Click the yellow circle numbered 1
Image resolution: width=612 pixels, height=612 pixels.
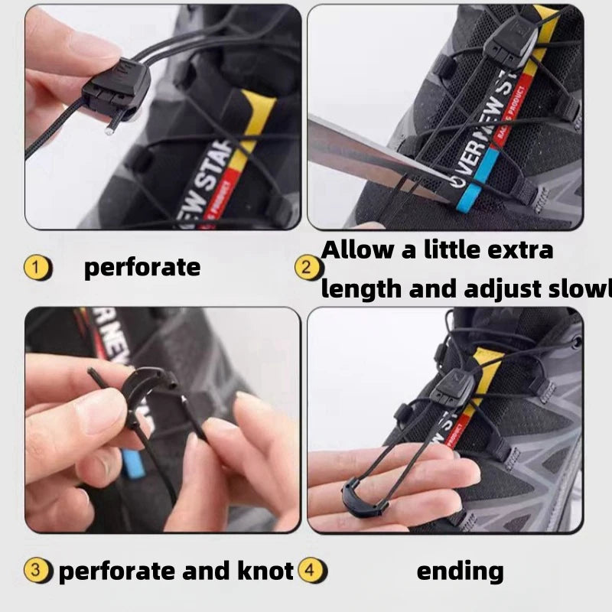pyautogui.click(x=37, y=268)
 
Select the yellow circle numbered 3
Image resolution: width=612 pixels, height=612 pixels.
pyautogui.click(x=38, y=570)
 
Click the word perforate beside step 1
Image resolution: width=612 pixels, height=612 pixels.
pyautogui.click(x=142, y=267)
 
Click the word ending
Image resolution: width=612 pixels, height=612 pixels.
pyautogui.click(x=460, y=570)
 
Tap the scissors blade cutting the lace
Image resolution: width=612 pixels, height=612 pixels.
pyautogui.click(x=367, y=157)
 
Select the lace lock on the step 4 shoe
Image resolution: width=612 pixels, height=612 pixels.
pyautogui.click(x=454, y=386)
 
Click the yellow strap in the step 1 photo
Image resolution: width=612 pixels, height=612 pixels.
pyautogui.click(x=256, y=122)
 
